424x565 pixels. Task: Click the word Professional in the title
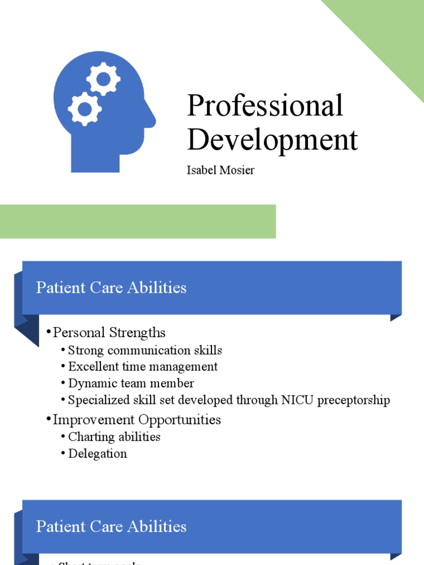(265, 106)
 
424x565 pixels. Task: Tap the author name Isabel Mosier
(220, 170)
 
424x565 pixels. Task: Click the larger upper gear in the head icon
(103, 79)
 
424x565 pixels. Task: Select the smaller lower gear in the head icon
(84, 109)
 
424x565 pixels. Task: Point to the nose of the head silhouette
(150, 118)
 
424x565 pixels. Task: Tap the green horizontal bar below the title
(137, 221)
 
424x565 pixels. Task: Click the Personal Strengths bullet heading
(109, 333)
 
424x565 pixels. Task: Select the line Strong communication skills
(145, 350)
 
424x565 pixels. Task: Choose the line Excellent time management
(142, 366)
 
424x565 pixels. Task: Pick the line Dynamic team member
(131, 383)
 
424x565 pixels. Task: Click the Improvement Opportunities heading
(136, 419)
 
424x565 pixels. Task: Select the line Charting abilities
(114, 436)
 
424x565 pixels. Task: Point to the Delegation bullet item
(97, 454)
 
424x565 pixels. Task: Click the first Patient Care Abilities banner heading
(111, 287)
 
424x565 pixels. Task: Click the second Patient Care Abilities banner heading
(111, 526)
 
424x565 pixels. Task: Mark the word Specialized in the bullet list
(95, 400)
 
